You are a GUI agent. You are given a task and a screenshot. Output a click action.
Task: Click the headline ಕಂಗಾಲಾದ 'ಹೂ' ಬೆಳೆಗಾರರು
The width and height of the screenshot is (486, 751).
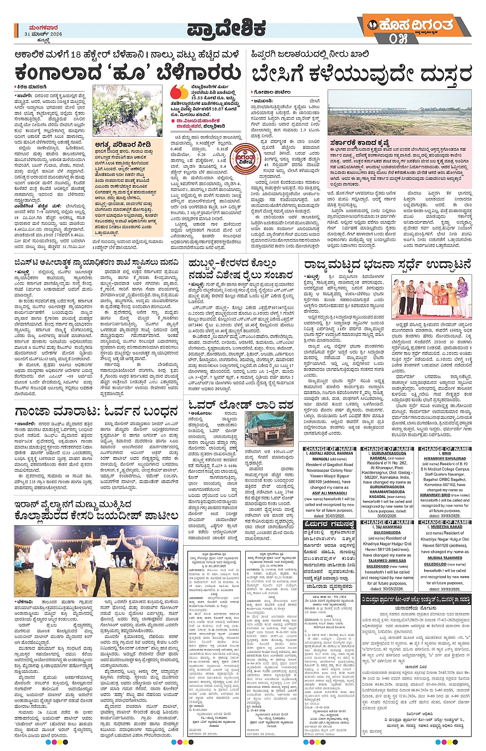tap(128, 73)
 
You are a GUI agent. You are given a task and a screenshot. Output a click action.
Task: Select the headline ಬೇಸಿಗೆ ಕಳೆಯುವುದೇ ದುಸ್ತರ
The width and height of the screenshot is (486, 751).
tap(361, 74)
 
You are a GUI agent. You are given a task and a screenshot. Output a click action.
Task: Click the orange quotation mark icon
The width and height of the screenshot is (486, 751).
tap(179, 92)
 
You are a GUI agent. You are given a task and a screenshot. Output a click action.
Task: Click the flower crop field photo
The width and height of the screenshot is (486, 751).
tap(128, 111)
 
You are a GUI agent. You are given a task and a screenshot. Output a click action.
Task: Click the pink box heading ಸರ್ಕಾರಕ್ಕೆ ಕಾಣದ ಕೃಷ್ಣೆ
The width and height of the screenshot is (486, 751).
tap(359, 143)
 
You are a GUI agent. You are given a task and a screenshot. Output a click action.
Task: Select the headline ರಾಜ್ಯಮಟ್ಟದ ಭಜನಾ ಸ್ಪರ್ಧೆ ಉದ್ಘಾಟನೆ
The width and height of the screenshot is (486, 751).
tap(387, 265)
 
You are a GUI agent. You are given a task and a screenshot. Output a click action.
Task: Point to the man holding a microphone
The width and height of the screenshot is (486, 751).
tap(44, 556)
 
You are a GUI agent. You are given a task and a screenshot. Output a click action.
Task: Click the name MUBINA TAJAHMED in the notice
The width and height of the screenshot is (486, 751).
tap(444, 558)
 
